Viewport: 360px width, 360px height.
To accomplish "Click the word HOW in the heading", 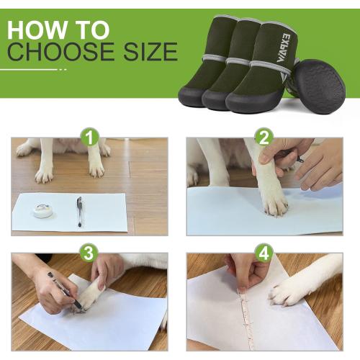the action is coord(37,30).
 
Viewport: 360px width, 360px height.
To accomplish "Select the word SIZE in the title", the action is coord(150,52).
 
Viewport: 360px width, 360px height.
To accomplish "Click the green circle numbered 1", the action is coord(90,137).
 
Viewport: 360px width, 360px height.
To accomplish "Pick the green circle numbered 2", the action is coord(264,137).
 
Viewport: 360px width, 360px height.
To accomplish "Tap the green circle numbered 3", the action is coord(89,253).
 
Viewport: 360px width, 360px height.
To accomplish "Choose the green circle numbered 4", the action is coord(264,253).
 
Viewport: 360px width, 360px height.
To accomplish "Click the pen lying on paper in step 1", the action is coord(80,212).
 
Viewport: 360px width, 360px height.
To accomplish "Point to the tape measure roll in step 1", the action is coord(42,210).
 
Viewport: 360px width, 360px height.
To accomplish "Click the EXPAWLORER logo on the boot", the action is coord(284,48).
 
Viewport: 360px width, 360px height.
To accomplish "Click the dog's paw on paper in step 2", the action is coord(274,202).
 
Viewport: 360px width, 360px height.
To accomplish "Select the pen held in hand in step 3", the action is coord(65,290).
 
